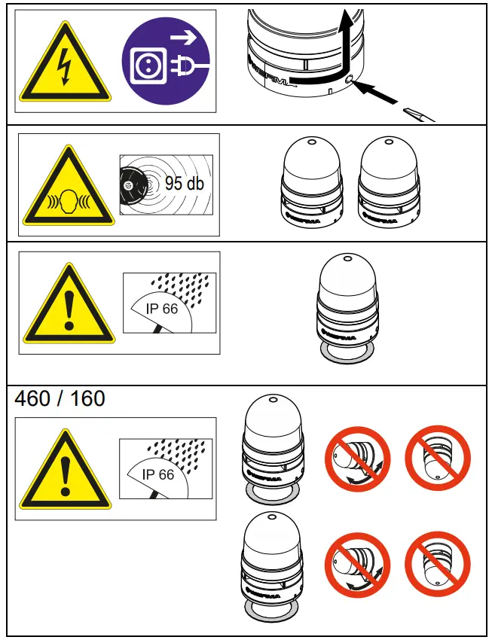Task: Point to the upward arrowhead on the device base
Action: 347,17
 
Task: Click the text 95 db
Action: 184,183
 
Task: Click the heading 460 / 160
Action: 60,398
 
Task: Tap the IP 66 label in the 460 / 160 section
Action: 159,474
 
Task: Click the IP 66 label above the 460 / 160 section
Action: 162,309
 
